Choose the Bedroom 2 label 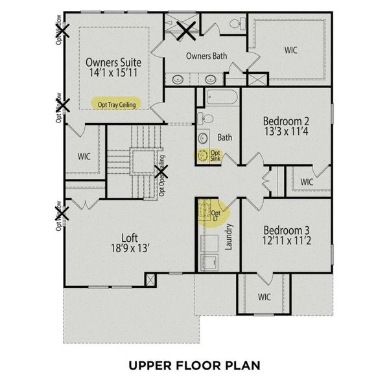click(x=286, y=121)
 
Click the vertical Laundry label click(x=228, y=237)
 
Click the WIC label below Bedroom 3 click(x=263, y=298)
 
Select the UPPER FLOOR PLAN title click(x=194, y=365)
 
